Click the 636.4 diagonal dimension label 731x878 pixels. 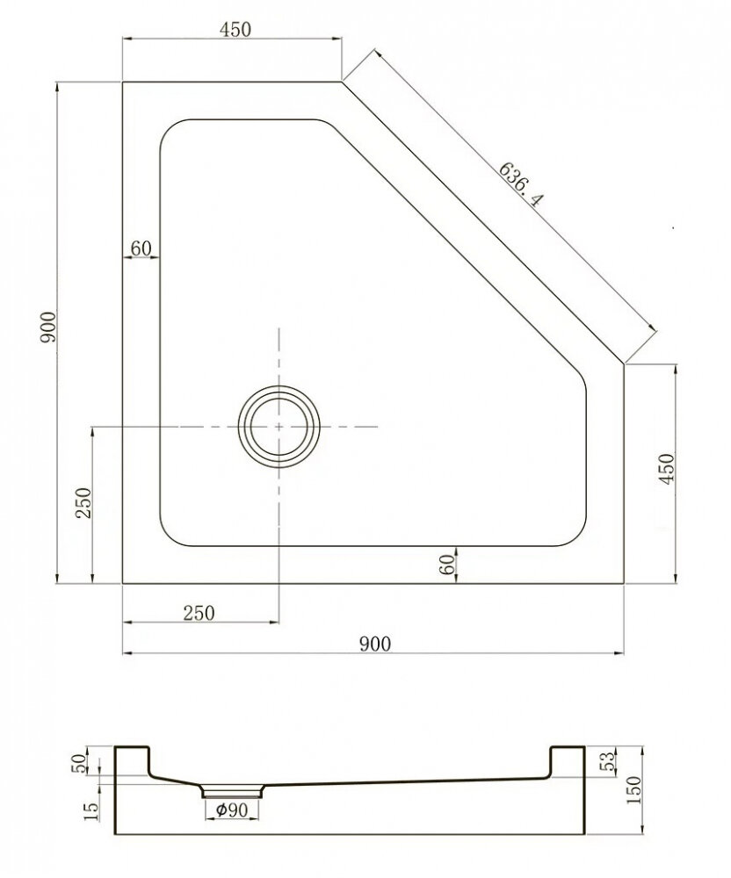pyautogui.click(x=521, y=184)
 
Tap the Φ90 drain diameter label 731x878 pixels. pyautogui.click(x=231, y=810)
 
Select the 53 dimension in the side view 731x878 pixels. pyautogui.click(x=608, y=761)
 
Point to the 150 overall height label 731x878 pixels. pyautogui.click(x=633, y=790)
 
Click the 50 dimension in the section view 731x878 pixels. pyautogui.click(x=80, y=763)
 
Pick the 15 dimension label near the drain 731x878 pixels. pyautogui.click(x=91, y=812)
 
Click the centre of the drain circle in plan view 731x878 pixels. pyautogui.click(x=279, y=427)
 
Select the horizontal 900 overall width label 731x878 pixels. pyautogui.click(x=375, y=644)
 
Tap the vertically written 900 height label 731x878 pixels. pyautogui.click(x=49, y=327)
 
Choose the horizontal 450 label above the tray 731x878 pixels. pyautogui.click(x=235, y=29)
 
